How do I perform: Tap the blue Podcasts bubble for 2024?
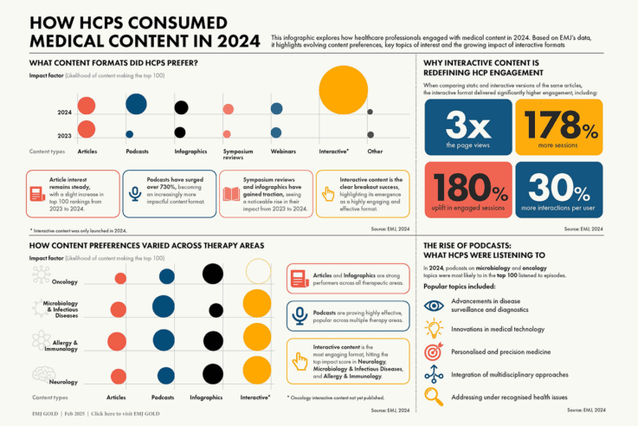(136, 105)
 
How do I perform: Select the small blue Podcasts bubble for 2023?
(129, 134)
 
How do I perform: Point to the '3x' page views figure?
(467, 128)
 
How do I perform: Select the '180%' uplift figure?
(467, 190)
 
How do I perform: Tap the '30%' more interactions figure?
(558, 190)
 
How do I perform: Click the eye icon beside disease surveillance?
(435, 306)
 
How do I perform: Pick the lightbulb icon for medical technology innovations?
(435, 329)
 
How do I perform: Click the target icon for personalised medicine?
(435, 352)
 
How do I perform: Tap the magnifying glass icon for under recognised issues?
(435, 397)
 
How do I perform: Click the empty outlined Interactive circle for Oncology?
(258, 271)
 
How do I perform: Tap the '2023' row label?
(64, 135)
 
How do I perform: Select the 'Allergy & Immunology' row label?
(61, 345)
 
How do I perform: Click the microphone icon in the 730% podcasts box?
(135, 194)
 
